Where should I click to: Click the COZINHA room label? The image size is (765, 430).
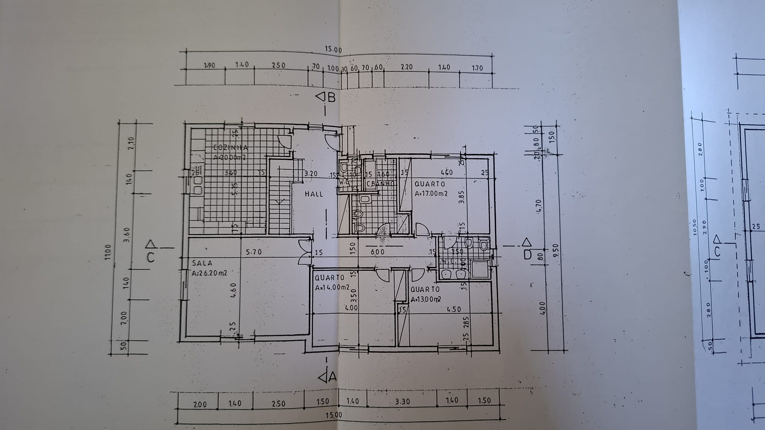click(x=230, y=148)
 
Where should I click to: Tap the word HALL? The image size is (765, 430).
click(x=314, y=194)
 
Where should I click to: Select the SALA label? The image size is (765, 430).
click(x=202, y=263)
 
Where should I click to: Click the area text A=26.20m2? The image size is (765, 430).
click(x=209, y=273)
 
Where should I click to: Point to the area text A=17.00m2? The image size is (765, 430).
click(x=431, y=194)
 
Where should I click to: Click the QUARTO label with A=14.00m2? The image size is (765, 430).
click(x=330, y=278)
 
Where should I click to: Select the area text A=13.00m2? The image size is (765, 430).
click(x=426, y=299)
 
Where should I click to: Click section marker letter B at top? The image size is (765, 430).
click(x=331, y=98)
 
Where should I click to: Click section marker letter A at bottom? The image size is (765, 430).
click(x=332, y=378)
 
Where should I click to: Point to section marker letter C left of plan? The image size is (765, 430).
click(x=151, y=258)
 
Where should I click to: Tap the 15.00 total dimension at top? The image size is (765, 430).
click(x=333, y=50)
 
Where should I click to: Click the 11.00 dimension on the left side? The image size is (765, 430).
click(x=108, y=252)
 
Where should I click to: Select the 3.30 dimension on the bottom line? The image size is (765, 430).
click(x=402, y=402)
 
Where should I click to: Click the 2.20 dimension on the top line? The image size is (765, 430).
click(x=406, y=67)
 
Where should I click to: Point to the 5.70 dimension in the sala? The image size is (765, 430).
click(x=254, y=252)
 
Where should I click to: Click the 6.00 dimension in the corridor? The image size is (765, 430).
click(x=377, y=252)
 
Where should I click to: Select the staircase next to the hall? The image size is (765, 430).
click(x=280, y=202)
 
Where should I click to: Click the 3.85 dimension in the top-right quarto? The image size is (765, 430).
click(x=462, y=197)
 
